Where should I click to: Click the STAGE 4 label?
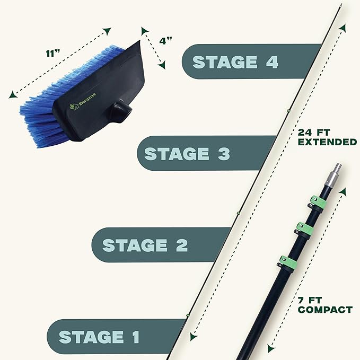[235, 62]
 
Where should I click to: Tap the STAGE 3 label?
[187, 154]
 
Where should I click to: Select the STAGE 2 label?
[145, 245]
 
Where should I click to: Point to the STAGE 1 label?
[99, 337]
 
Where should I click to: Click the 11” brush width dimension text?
[53, 54]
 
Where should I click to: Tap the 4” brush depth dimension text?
[165, 41]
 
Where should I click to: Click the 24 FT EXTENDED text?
[327, 137]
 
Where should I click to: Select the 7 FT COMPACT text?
[325, 305]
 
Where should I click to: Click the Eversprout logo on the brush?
[83, 101]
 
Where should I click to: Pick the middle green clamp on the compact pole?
[304, 229]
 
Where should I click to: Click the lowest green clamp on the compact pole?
[287, 262]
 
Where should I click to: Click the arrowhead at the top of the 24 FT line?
[343, 28]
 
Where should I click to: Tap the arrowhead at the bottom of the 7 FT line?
[271, 348]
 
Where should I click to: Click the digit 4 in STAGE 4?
[273, 62]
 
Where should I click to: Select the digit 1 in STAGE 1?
[136, 337]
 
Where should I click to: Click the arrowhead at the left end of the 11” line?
[13, 94]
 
